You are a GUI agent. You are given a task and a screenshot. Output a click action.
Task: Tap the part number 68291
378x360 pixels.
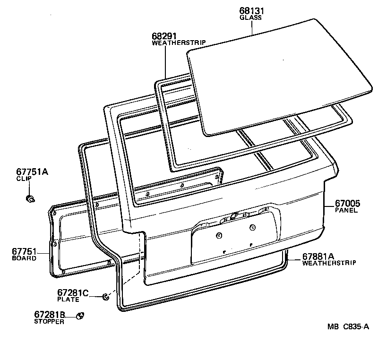click(x=164, y=36)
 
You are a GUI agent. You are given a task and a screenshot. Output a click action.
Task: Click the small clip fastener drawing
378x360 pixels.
click(x=30, y=199)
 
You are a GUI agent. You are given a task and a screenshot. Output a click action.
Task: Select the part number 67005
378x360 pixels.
click(x=348, y=204)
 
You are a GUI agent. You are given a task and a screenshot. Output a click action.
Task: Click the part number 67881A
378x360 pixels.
click(x=318, y=256)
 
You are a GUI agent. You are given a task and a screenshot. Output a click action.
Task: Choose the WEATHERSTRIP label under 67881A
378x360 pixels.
click(x=329, y=263)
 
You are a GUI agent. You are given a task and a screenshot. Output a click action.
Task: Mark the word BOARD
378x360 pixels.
click(x=24, y=258)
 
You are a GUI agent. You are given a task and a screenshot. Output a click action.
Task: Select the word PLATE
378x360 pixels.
click(x=68, y=300)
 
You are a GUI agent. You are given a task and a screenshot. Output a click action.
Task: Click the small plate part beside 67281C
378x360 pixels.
click(x=105, y=297)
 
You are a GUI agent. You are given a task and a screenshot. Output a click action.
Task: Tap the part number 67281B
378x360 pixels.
click(x=50, y=314)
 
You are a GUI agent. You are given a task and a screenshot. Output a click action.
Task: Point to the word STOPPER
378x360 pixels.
click(x=49, y=321)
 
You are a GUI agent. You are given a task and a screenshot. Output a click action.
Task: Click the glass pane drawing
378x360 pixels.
click(x=279, y=76)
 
